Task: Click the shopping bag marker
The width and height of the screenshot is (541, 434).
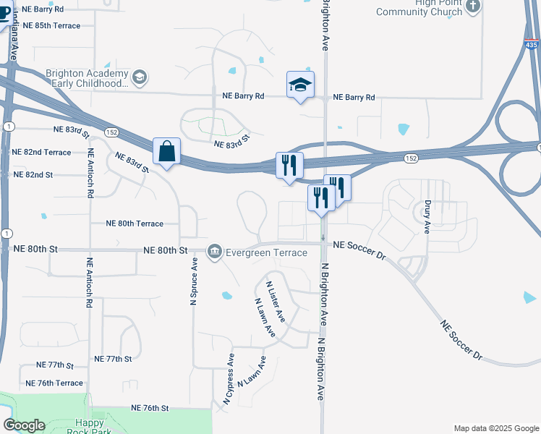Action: coord(167,152)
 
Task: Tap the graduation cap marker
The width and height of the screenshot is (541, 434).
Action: coord(300,85)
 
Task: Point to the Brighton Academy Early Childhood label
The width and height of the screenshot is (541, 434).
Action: coord(86,78)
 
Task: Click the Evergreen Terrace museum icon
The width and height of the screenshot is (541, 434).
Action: coord(215,252)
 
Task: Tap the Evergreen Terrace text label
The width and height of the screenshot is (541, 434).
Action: coord(266,252)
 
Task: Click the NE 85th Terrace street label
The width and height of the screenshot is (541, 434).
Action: coord(51,25)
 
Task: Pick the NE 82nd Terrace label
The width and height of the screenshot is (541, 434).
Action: coord(42,152)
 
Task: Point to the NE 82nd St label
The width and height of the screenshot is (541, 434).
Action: coord(33,175)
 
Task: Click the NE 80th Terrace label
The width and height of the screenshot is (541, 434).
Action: coord(135,224)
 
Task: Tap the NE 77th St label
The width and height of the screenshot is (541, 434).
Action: coord(113,359)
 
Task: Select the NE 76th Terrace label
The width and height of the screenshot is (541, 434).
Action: coord(54,383)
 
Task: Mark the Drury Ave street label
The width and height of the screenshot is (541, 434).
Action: coord(427,217)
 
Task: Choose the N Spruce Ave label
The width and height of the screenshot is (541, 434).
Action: coord(194,284)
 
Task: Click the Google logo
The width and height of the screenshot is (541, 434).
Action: coord(25,425)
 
